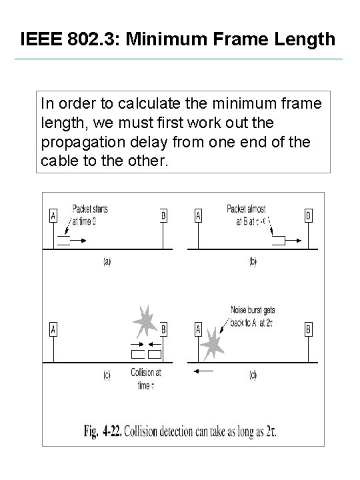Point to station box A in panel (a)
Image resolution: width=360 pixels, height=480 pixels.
click(x=53, y=215)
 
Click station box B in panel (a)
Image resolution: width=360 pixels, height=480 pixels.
click(x=163, y=215)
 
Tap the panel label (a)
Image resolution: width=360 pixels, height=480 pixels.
click(x=107, y=261)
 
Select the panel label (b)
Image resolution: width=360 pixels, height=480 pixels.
click(x=252, y=261)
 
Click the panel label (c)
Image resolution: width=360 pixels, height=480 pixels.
click(x=107, y=375)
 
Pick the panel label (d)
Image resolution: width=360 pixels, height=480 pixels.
click(x=252, y=375)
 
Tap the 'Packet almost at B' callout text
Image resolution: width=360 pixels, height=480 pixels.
click(x=248, y=215)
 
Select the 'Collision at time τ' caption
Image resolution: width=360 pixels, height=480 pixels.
click(x=146, y=378)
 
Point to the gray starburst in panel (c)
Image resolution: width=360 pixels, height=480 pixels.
click(x=145, y=322)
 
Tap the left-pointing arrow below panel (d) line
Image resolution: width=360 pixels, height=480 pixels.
click(x=205, y=369)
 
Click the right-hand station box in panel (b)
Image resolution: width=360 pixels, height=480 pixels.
click(x=308, y=215)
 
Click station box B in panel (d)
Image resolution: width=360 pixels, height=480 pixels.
click(x=308, y=329)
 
